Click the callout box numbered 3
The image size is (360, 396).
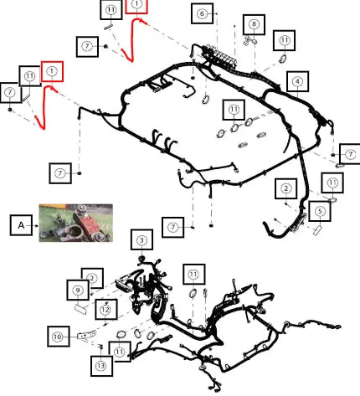point(141,239)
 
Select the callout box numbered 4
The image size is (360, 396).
point(297,81)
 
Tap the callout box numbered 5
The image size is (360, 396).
point(320,211)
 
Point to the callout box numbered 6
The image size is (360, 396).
point(203,13)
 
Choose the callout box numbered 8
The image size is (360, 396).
point(254,24)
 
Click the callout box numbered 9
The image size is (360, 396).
point(78,291)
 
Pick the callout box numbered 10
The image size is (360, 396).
point(59,337)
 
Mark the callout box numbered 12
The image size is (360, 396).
point(106,310)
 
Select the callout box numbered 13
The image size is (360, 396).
point(101,366)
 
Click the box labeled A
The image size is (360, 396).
point(21,225)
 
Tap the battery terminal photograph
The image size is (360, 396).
point(76,223)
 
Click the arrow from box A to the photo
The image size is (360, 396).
point(35,225)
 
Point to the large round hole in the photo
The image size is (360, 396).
point(75,231)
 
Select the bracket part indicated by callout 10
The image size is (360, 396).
point(86,334)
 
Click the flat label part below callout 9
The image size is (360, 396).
point(80,309)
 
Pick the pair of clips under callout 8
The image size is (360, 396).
point(250,41)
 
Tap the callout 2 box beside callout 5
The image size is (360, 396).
point(285,188)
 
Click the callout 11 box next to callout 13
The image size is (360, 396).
point(120,352)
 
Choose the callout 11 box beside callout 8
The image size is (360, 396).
point(284,40)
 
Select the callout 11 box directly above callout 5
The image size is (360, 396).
point(332,183)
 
